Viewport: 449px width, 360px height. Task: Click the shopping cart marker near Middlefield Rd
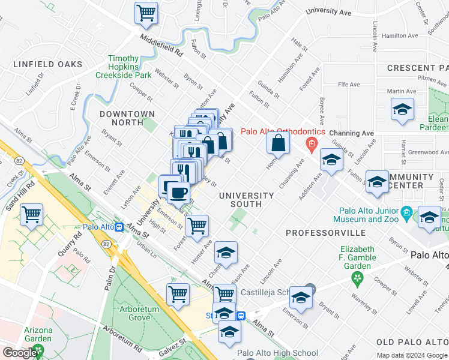(146, 13)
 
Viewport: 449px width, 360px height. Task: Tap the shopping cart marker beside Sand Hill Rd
(31, 214)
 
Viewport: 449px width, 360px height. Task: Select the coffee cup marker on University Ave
(178, 193)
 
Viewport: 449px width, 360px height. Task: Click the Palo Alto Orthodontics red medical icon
(311, 143)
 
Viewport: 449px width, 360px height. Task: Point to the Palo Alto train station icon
(119, 227)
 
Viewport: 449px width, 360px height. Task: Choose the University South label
(246, 200)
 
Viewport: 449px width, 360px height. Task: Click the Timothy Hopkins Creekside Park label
(123, 67)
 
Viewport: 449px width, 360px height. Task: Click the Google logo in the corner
(20, 353)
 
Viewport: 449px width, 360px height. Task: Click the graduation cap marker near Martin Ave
(402, 110)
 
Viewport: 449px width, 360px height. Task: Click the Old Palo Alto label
(412, 342)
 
